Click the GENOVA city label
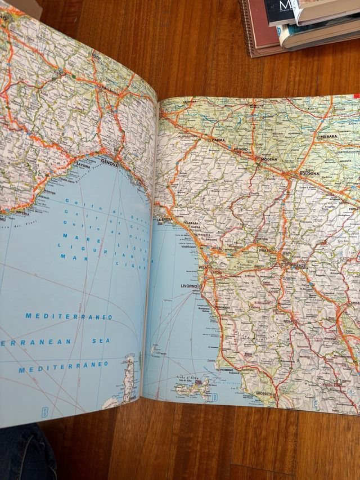point(114,160)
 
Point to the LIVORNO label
point(189,286)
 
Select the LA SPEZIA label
point(165,219)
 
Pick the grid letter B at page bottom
point(44,411)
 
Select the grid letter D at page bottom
point(214,397)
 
